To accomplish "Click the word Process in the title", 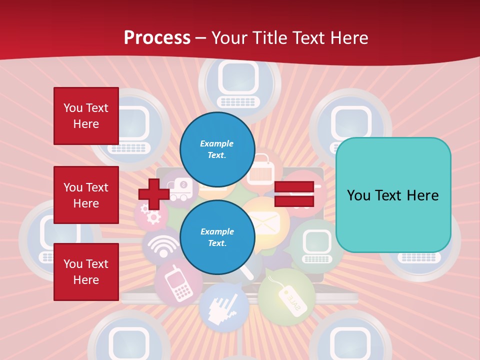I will (x=157, y=37).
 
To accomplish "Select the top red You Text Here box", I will (x=86, y=116).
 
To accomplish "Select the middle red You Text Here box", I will (x=86, y=195).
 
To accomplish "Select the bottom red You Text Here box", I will (x=86, y=271).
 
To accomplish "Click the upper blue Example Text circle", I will (x=217, y=149).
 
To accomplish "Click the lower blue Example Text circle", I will (x=217, y=237).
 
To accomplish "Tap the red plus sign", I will (x=153, y=194).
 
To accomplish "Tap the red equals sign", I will (x=294, y=194).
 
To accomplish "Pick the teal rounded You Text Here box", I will (x=393, y=195).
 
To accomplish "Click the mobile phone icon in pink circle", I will (x=176, y=284).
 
